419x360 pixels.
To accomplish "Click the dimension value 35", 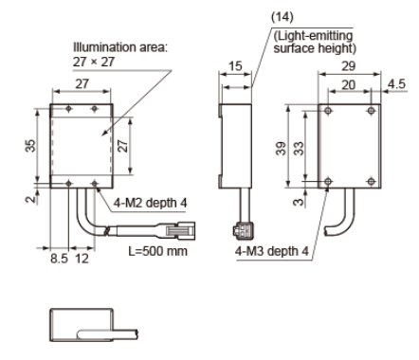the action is [30, 146].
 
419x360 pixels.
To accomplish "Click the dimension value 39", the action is [281, 149].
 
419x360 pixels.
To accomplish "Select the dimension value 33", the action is [299, 149].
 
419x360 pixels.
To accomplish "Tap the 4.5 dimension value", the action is [396, 84].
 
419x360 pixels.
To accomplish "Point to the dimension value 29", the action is [349, 66].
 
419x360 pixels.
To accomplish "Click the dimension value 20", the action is [349, 85].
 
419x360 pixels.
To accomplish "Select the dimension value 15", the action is [235, 66].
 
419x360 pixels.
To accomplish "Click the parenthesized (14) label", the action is [282, 17].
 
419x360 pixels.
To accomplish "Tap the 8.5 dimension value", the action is [59, 259].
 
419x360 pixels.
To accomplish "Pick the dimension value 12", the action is [82, 259].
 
